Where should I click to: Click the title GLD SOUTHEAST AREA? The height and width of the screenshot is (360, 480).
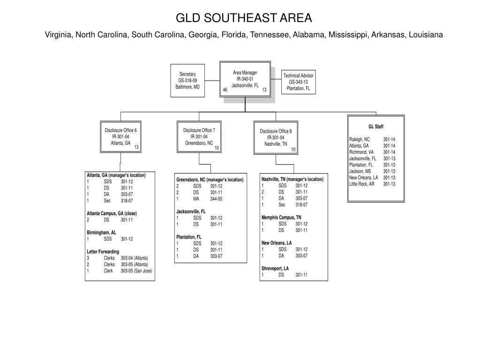243,18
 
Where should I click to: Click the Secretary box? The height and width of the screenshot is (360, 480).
187,81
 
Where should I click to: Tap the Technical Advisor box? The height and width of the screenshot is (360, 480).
298,82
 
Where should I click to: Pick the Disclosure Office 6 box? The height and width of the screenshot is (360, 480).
120,137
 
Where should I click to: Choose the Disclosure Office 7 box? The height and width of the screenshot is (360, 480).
199,136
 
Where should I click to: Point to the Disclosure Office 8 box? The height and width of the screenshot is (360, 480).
276,137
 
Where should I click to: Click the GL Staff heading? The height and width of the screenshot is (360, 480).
375,127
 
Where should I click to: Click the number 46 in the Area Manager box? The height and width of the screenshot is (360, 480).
225,90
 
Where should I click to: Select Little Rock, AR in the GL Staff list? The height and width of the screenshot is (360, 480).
362,184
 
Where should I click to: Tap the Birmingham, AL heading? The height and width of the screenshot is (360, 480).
101,232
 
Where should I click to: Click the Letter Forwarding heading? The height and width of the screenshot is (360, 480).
103,252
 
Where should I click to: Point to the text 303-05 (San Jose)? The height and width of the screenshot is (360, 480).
136,271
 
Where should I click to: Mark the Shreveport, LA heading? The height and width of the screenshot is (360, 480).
275,268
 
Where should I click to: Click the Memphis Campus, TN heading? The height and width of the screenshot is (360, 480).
281,217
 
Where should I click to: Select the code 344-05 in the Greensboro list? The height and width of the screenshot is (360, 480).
216,199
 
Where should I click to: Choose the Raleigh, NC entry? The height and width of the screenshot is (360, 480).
360,139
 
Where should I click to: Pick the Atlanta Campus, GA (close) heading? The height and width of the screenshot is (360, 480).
112,213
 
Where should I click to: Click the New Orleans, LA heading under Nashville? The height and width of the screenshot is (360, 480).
277,243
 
